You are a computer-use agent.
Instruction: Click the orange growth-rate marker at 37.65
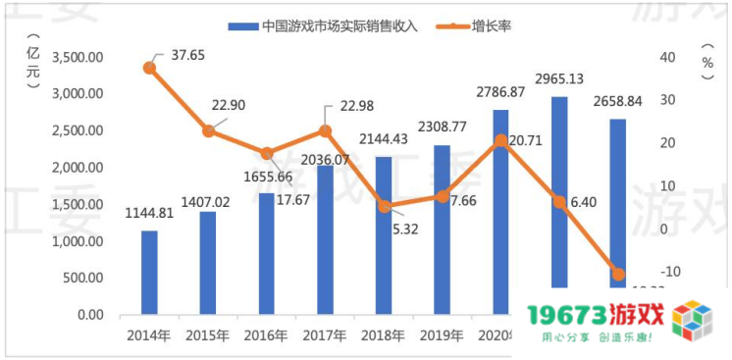point(149,68)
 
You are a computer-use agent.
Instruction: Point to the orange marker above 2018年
point(384,206)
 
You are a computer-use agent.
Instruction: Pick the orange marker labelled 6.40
point(559,202)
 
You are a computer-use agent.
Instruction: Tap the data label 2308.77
point(442,127)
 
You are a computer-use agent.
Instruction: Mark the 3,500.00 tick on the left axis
point(76,58)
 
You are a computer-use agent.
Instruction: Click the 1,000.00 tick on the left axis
point(76,242)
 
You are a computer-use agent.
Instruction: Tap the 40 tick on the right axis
point(667,58)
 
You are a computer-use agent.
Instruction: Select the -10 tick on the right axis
point(667,273)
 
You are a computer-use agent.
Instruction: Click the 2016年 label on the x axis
point(265,335)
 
